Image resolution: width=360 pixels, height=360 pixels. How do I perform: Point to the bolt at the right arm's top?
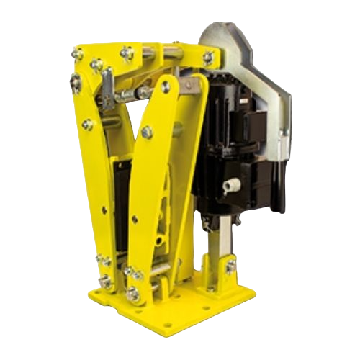(x=167, y=86)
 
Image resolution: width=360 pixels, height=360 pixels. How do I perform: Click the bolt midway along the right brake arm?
(x=148, y=132)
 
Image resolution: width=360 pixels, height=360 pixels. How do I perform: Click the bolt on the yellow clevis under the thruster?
(x=230, y=267)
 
